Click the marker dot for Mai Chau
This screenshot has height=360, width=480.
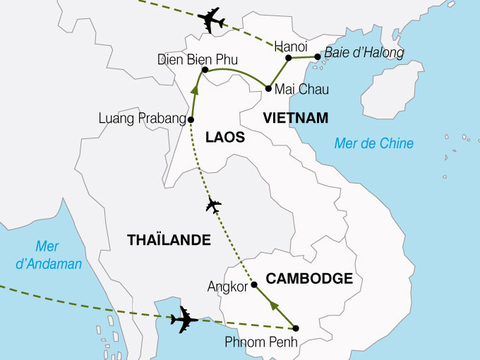click(268, 88)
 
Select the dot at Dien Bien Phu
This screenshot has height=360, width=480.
click(204, 70)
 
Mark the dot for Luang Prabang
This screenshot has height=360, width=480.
click(191, 120)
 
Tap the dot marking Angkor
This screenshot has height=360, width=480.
click(254, 285)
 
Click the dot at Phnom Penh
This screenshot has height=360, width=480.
click(296, 328)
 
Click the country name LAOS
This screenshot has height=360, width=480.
click(224, 138)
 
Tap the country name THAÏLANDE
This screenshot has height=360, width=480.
click(169, 241)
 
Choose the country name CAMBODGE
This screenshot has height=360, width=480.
click(310, 279)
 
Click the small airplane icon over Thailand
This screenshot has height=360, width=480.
click(212, 205)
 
